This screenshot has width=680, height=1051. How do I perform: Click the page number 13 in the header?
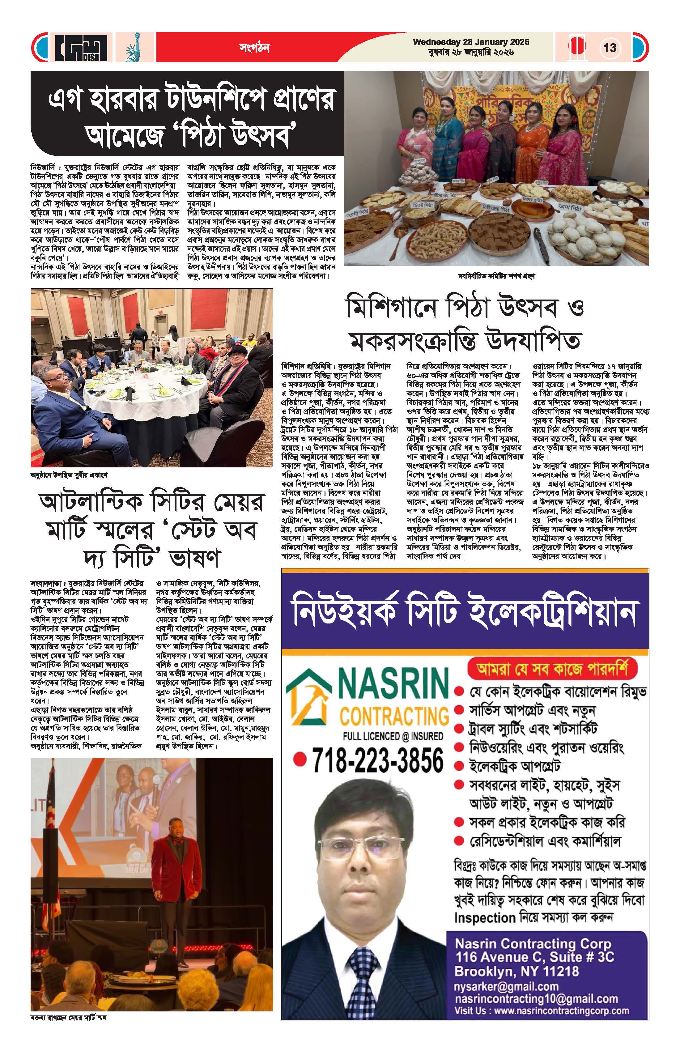coord(610,47)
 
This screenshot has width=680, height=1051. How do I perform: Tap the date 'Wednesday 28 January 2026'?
coord(471,42)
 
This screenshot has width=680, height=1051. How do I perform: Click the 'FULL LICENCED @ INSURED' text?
coord(393,736)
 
